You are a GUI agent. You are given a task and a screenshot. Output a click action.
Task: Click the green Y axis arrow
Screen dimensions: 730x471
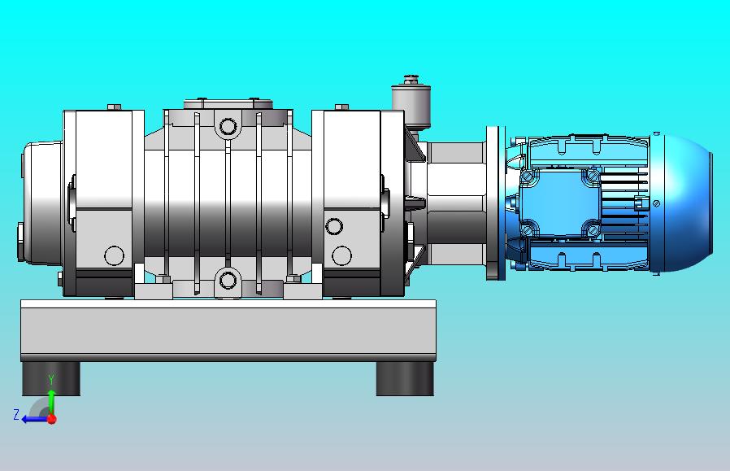[51, 402]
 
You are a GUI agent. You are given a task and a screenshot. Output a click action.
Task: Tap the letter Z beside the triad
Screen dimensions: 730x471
[16, 414]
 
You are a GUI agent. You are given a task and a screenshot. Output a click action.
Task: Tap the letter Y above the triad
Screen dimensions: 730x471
[52, 380]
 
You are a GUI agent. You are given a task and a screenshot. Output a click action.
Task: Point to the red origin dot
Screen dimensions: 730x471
[52, 419]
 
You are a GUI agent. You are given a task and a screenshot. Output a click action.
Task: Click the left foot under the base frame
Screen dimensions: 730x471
[51, 379]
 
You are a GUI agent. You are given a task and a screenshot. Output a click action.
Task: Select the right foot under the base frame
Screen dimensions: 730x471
[405, 379]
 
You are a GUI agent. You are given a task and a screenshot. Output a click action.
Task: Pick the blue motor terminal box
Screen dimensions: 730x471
[559, 203]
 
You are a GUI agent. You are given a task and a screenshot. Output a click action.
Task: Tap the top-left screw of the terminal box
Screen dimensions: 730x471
[528, 177]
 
